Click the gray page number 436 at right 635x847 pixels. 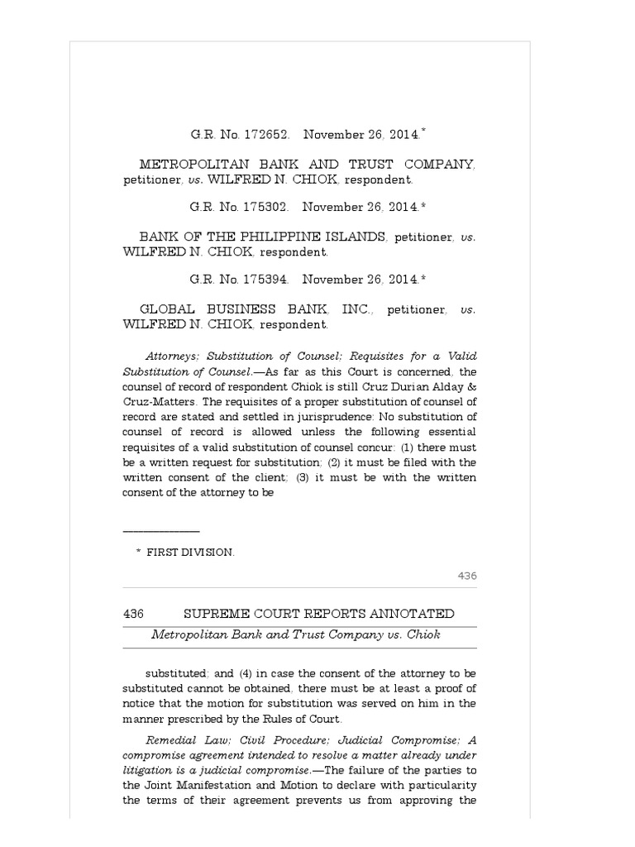pos(467,576)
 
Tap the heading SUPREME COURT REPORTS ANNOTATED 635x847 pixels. pos(318,614)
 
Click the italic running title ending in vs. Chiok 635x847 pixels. pos(295,635)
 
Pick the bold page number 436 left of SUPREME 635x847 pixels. pos(134,614)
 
